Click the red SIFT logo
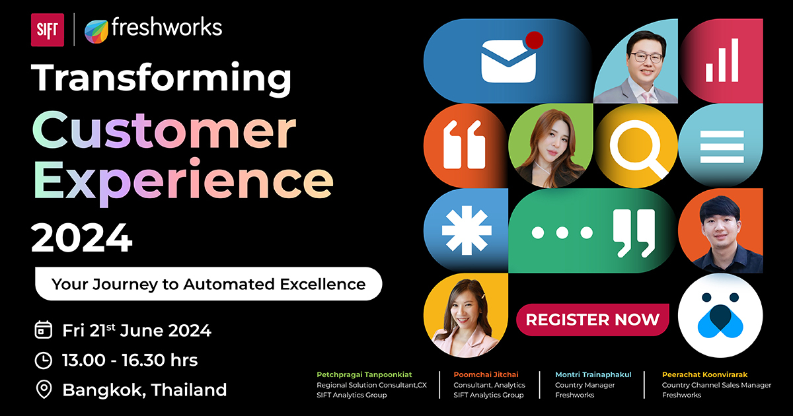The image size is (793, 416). point(48,30)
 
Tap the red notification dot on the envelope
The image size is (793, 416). point(535,40)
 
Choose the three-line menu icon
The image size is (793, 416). point(722,147)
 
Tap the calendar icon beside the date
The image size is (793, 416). point(44,330)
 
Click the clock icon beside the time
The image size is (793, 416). point(44,361)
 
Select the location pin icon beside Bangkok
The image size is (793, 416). point(44,390)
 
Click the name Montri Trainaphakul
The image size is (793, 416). point(593,374)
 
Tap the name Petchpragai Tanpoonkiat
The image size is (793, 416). point(364,374)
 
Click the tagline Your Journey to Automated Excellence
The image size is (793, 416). point(209,284)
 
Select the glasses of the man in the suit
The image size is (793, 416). point(646,57)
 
